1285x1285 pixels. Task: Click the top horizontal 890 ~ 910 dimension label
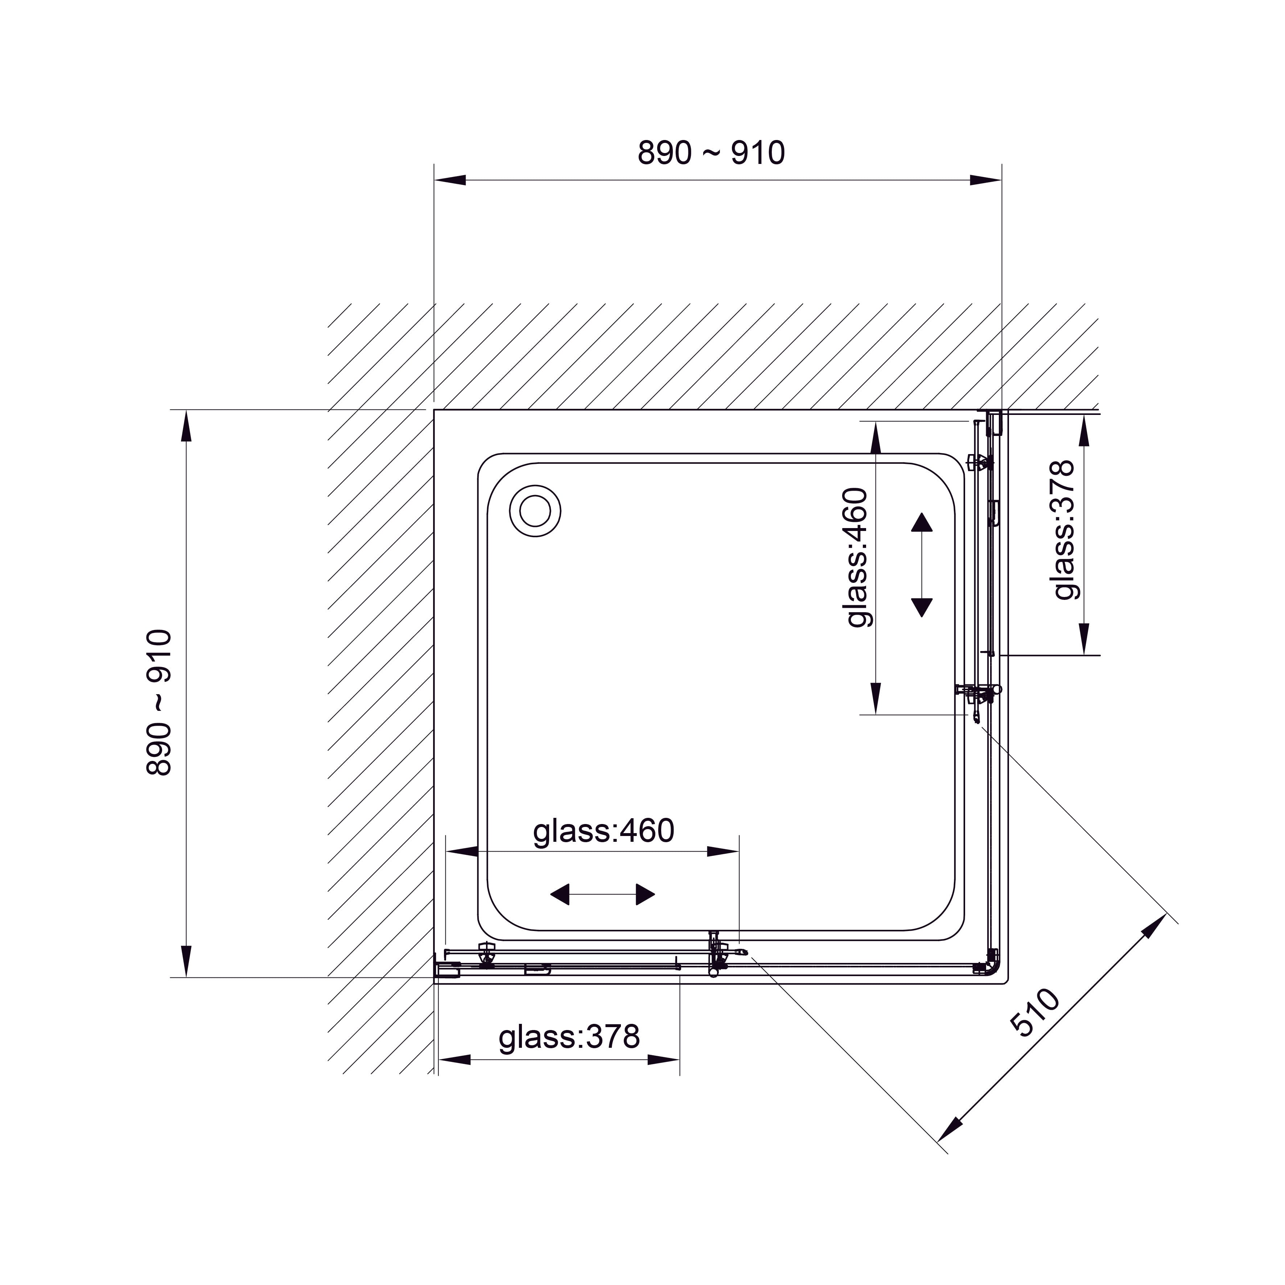pyautogui.click(x=711, y=153)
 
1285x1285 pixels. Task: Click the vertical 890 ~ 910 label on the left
pyautogui.click(x=159, y=703)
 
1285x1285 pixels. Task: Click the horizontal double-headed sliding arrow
pyautogui.click(x=602, y=895)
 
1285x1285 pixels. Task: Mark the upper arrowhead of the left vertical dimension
pyautogui.click(x=186, y=426)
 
